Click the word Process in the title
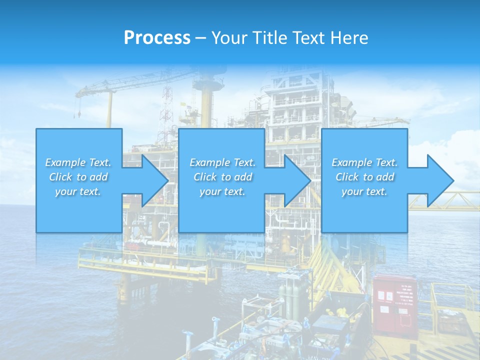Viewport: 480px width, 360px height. pyautogui.click(x=157, y=37)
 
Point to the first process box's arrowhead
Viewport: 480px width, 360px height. pyautogui.click(x=154, y=180)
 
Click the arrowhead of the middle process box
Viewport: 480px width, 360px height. pyautogui.click(x=297, y=180)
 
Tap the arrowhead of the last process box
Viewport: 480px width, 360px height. pyautogui.click(x=440, y=180)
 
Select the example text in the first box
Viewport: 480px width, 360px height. pyautogui.click(x=78, y=176)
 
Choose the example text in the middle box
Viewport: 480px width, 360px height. pyautogui.click(x=222, y=176)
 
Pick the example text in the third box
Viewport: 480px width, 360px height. pyautogui.click(x=364, y=176)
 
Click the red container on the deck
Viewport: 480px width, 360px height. pyautogui.click(x=394, y=305)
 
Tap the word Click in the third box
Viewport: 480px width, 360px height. pyautogui.click(x=347, y=177)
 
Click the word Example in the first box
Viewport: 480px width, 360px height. pyautogui.click(x=65, y=162)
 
